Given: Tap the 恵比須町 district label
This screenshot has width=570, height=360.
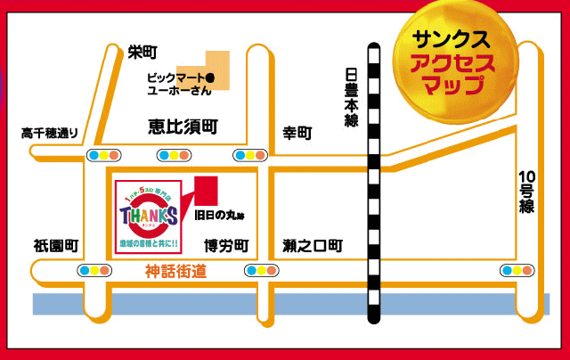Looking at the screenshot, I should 183,128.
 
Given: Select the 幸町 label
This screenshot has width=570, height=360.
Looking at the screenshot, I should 297,134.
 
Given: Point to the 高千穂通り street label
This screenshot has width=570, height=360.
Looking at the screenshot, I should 50,134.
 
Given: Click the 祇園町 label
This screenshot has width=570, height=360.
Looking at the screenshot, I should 57,245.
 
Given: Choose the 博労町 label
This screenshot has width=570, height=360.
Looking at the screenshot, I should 226,245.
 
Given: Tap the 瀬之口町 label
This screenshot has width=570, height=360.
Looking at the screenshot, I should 312,245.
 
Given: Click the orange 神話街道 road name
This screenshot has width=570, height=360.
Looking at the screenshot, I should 175,271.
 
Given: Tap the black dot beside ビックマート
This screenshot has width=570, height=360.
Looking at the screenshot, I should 210,78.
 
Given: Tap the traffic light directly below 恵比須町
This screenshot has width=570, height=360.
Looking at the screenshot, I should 175,155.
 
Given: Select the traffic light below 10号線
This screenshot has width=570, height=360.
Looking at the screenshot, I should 517,270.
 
